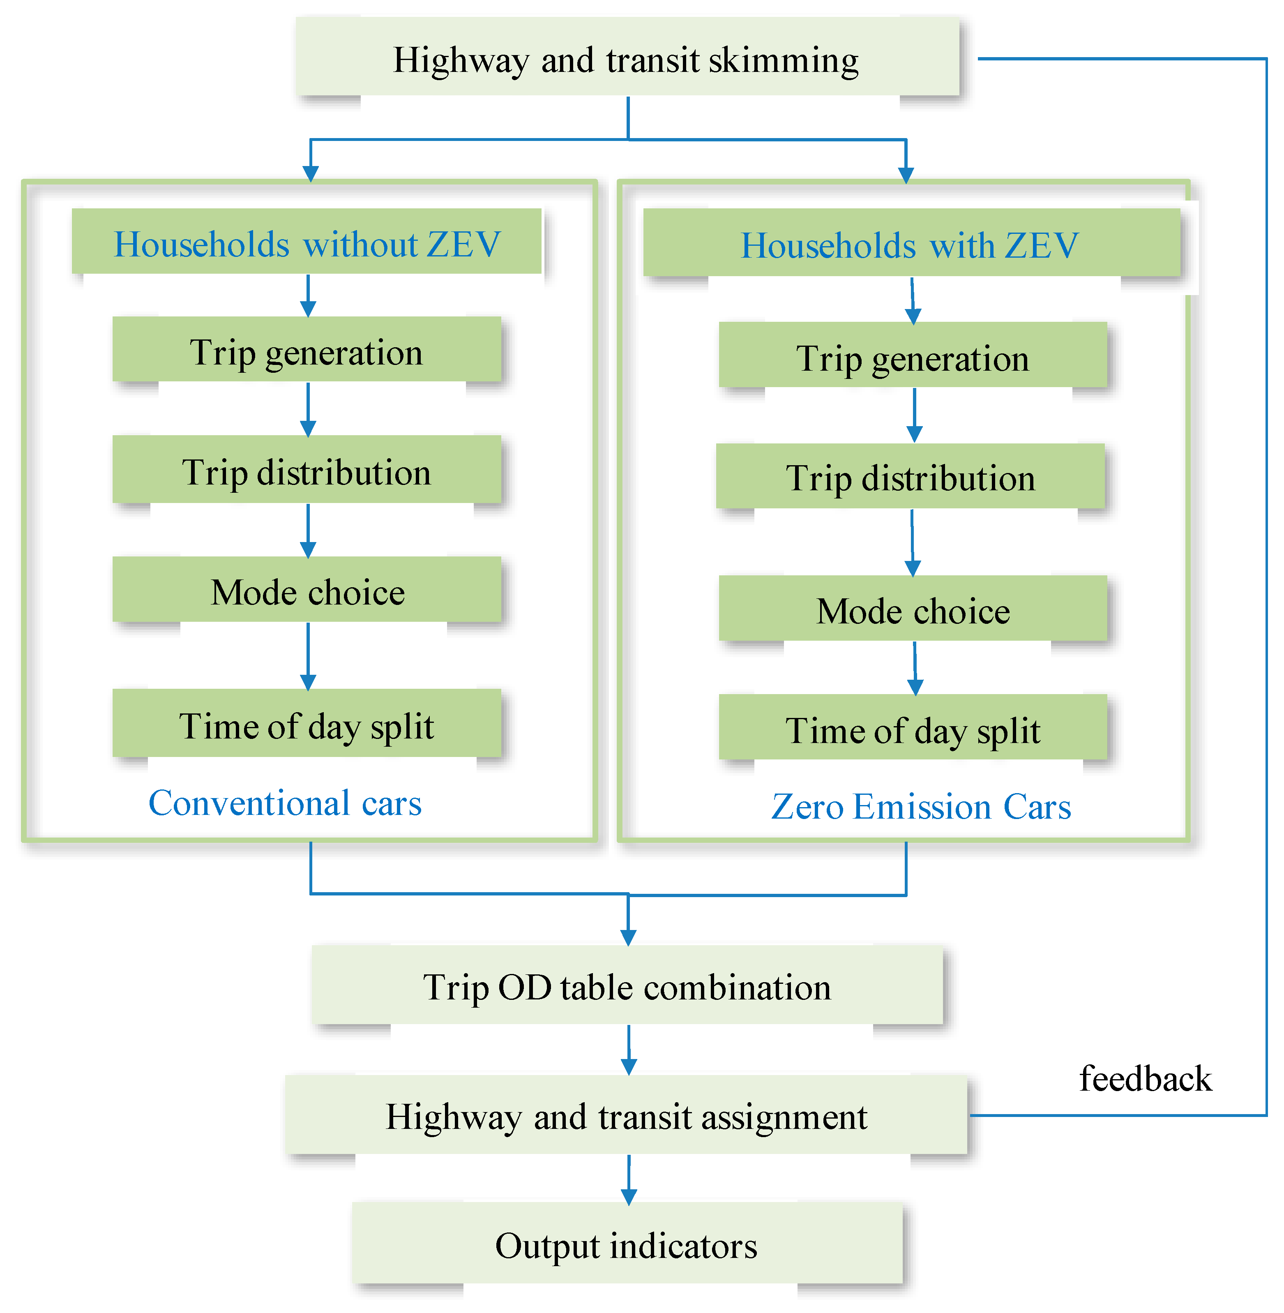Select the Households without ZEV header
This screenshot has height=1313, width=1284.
307,243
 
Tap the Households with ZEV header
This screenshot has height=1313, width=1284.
911,244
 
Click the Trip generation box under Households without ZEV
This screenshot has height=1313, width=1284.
307,351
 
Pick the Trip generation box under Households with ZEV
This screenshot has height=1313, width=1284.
913,356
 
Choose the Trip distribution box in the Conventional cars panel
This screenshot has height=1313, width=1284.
307,471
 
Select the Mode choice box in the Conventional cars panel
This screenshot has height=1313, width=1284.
307,591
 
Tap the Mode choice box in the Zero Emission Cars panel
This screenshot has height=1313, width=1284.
913,609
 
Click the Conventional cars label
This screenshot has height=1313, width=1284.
285,803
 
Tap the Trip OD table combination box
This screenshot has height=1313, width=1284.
627,986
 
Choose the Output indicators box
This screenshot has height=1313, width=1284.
627,1244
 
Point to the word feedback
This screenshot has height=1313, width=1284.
1145,1078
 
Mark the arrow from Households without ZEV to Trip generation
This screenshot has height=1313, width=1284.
308,295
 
